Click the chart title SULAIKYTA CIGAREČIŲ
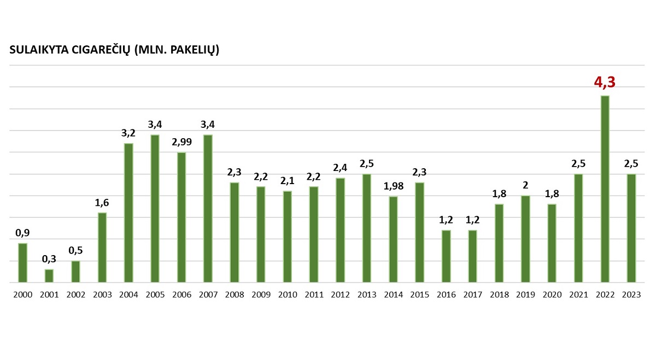69,50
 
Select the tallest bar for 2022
605,189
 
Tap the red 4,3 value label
605,82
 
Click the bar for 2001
49,276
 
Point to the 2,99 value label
181,142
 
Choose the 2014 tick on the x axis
393,294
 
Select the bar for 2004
128,213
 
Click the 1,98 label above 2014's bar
393,186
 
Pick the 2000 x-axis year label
23,294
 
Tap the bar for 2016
446,256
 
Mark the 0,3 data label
49,259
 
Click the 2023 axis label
631,294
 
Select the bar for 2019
525,239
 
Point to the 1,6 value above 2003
102,203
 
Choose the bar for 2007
208,209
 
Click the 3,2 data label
128,133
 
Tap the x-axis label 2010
288,294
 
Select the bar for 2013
367,228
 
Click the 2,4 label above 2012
340,168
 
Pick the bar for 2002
75,272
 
